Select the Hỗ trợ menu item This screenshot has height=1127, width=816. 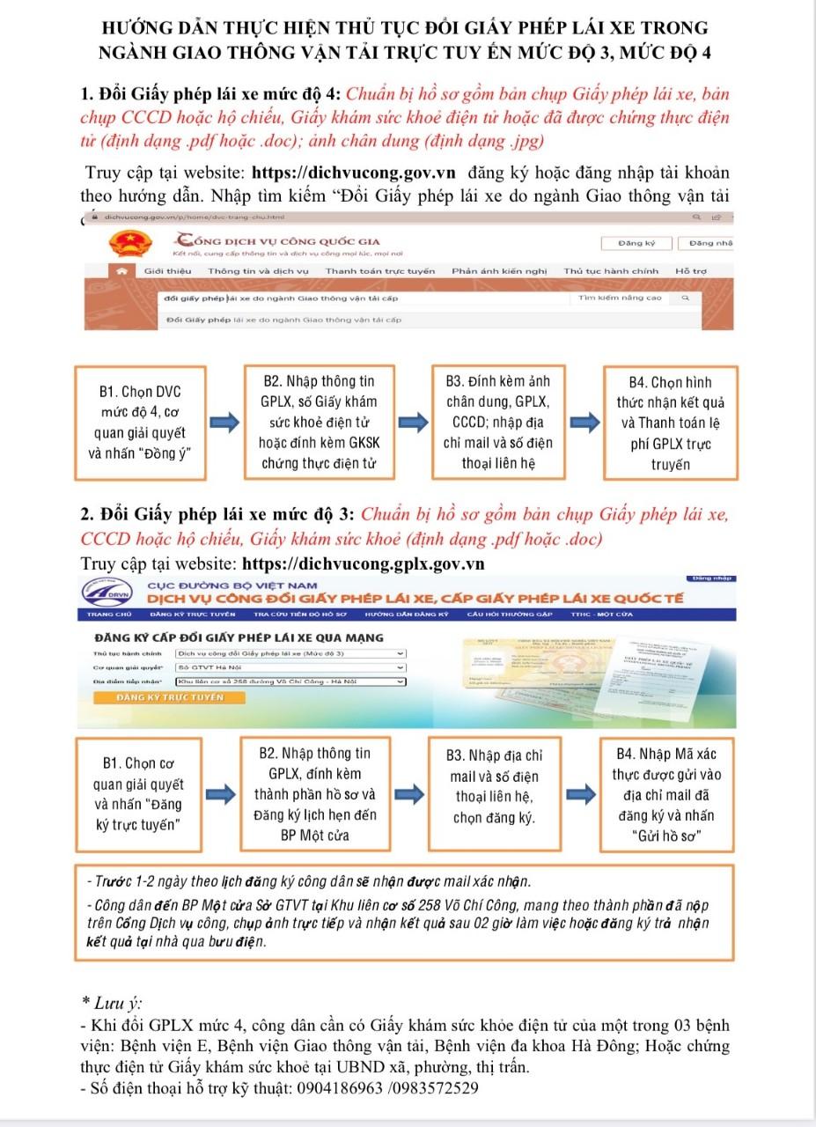(x=690, y=271)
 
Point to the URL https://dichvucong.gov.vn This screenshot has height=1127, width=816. (x=353, y=173)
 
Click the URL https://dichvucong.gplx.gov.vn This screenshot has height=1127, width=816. (x=364, y=563)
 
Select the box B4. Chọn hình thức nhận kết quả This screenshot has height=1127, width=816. (x=670, y=423)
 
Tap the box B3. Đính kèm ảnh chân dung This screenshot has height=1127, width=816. (x=497, y=423)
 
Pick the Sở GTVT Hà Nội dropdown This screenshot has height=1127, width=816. (x=290, y=667)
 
